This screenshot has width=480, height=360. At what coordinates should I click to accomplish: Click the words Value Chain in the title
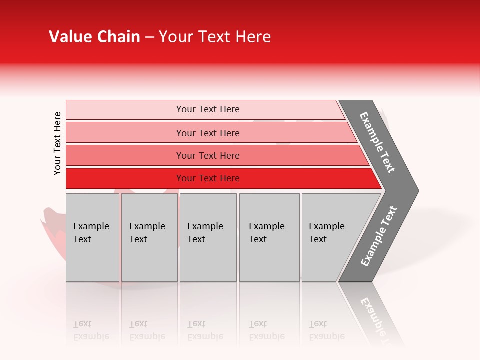click(x=94, y=37)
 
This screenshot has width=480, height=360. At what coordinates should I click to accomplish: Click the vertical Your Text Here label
click(x=57, y=143)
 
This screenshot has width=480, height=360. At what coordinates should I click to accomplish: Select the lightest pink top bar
click(x=125, y=110)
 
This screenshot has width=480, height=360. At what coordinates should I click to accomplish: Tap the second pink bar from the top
click(x=125, y=133)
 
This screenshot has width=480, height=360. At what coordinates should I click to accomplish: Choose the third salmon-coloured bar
click(x=125, y=155)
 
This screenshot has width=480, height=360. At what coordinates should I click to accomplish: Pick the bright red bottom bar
click(x=125, y=178)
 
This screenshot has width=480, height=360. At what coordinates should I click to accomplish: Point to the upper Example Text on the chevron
click(x=377, y=142)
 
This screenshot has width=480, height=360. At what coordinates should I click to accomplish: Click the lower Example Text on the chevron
click(x=379, y=236)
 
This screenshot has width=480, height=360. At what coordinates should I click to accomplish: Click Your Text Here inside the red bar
click(x=208, y=178)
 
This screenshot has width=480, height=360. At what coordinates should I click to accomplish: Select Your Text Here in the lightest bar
click(x=208, y=109)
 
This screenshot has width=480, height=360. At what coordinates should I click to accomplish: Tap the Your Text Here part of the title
click(x=215, y=37)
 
